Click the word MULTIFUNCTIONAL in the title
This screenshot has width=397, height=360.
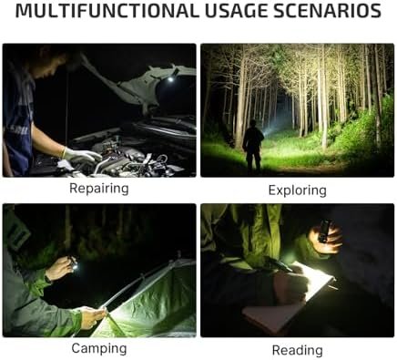[107, 11]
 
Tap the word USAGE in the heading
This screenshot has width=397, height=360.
[236, 11]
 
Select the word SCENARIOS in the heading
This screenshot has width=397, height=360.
[327, 11]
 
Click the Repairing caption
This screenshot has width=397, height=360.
[99, 189]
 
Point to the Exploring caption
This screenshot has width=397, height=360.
[298, 190]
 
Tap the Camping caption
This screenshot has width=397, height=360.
[99, 348]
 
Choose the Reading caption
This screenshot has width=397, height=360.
[298, 350]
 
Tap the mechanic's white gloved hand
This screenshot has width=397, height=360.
[81, 155]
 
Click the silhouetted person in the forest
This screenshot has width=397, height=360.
[253, 146]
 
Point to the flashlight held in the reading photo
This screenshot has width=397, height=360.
[323, 231]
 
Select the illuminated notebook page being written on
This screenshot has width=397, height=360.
[312, 280]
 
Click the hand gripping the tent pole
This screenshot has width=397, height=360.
[92, 317]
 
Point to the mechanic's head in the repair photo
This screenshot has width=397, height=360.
[52, 61]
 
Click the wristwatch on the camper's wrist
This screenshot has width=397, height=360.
[48, 279]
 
